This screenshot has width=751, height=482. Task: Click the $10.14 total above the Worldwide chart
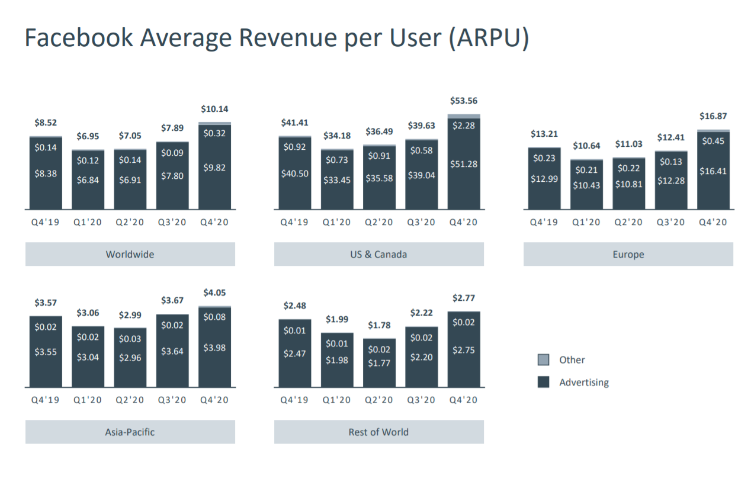click(x=214, y=109)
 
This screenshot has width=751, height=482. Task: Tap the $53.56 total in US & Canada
click(x=464, y=101)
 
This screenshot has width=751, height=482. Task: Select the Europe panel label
click(x=628, y=255)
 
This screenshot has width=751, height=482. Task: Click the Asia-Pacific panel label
click(x=130, y=432)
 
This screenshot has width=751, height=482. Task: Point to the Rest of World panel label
click(x=378, y=432)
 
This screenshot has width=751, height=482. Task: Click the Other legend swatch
click(x=543, y=360)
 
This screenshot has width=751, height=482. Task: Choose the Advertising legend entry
click(x=583, y=383)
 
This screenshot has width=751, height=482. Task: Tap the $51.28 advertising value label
click(x=464, y=164)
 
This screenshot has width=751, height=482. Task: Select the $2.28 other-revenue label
click(x=464, y=126)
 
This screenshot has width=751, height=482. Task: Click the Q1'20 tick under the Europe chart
click(x=586, y=223)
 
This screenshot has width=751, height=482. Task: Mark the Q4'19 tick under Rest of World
click(x=294, y=400)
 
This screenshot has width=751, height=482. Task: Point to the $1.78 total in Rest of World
click(x=378, y=326)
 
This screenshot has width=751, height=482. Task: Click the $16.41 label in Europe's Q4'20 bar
click(x=713, y=171)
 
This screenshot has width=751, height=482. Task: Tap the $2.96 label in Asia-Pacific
click(x=130, y=358)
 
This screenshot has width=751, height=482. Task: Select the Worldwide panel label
click(x=130, y=255)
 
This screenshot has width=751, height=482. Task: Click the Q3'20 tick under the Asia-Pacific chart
click(x=172, y=400)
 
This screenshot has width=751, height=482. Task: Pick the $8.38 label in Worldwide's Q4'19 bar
click(x=46, y=174)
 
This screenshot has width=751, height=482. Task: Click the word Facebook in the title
click(x=78, y=38)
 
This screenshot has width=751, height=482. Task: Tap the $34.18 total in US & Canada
click(x=336, y=136)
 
